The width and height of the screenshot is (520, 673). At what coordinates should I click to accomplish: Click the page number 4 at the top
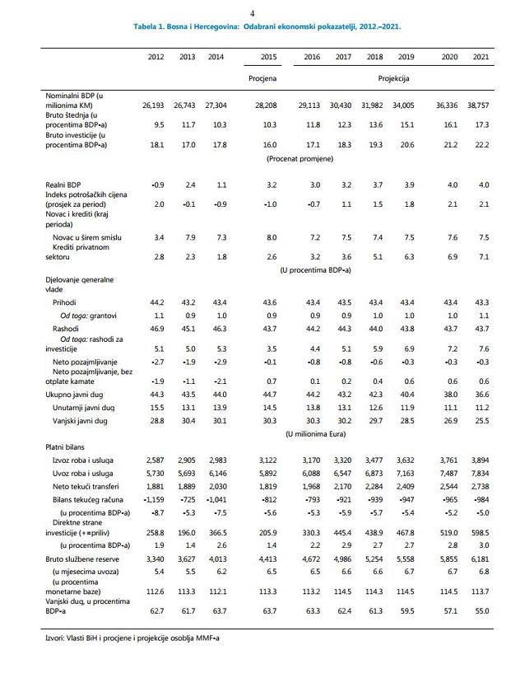click(x=252, y=13)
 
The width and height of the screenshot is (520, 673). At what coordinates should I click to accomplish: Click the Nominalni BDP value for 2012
click(x=154, y=106)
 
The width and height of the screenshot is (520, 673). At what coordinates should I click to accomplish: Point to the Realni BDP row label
click(x=64, y=185)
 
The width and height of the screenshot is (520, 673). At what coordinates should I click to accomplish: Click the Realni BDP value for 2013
click(x=187, y=185)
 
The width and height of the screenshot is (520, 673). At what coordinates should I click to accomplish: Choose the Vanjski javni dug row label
click(x=81, y=420)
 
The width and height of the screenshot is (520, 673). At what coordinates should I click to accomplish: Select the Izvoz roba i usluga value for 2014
click(x=216, y=460)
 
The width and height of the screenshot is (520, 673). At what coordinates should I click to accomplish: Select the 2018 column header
click(x=374, y=56)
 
